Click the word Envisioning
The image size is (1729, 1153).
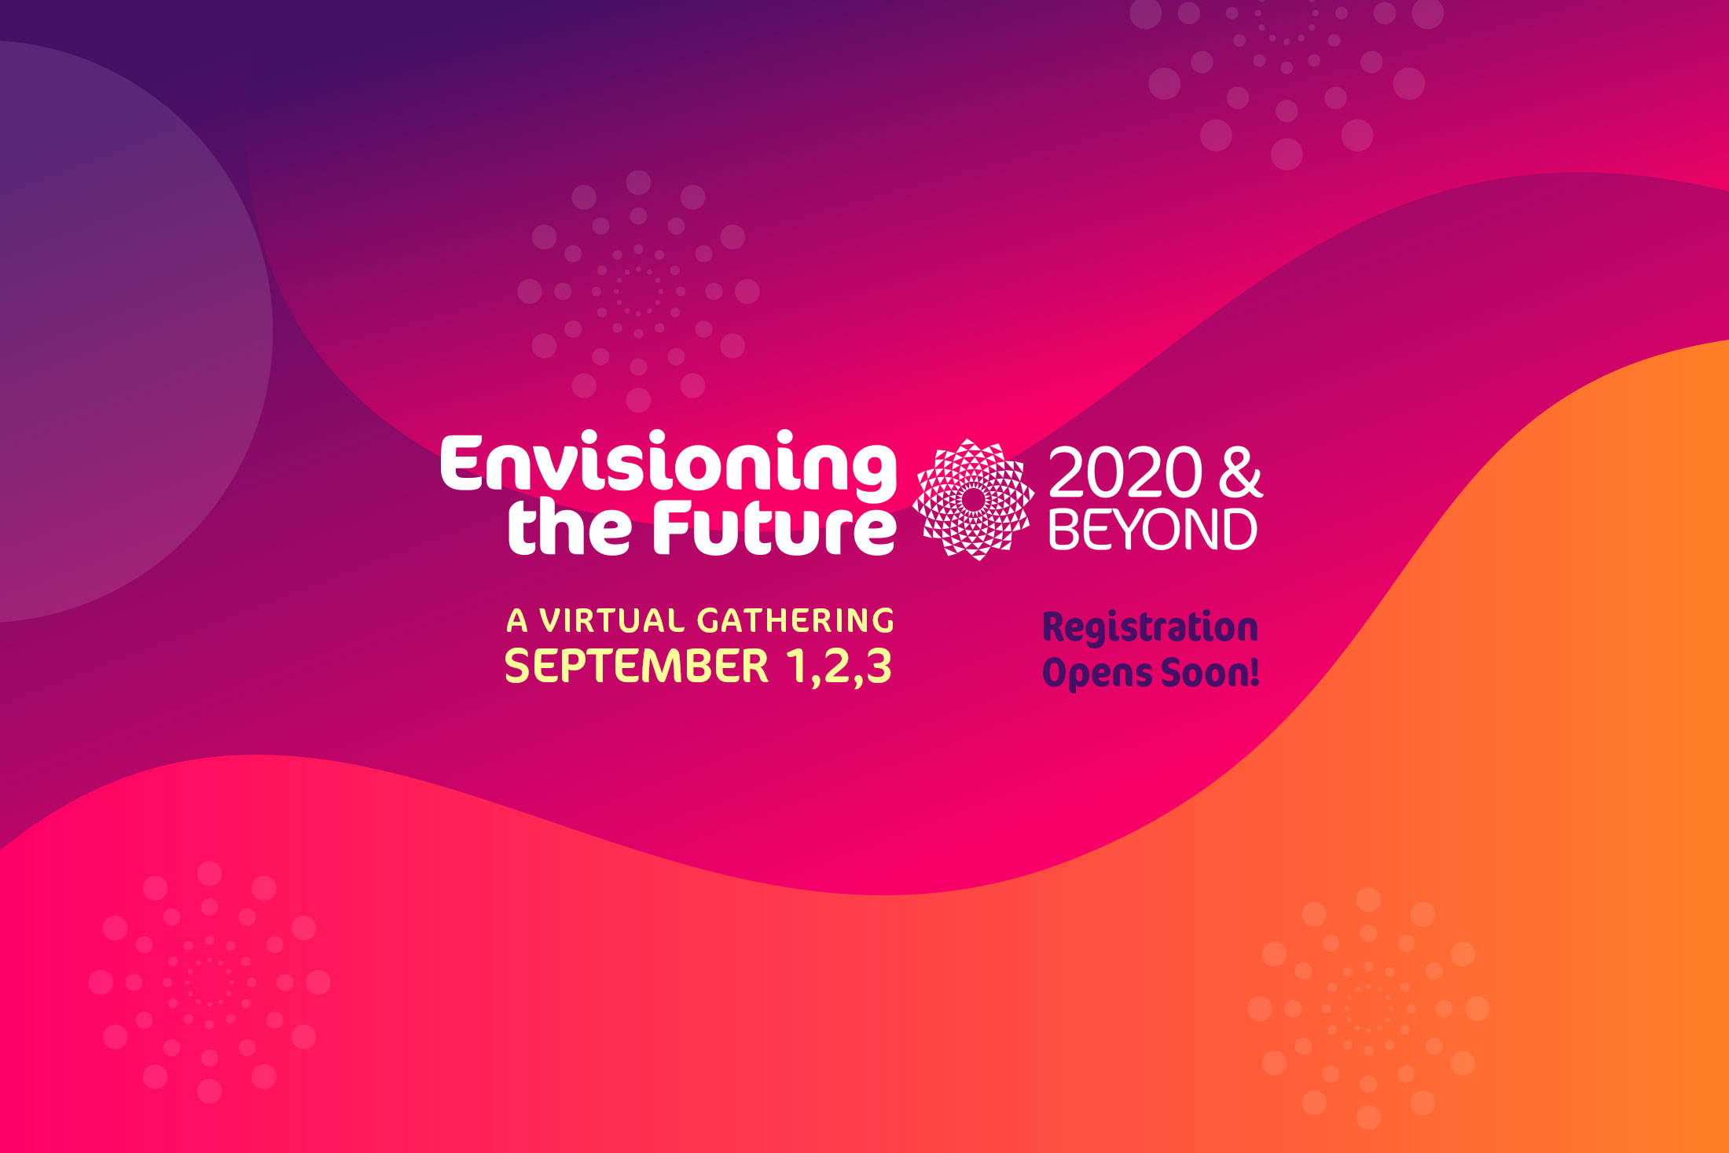click(668, 465)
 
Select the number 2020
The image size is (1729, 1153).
click(1125, 473)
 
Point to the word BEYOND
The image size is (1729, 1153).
click(1153, 529)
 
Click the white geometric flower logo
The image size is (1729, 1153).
click(973, 499)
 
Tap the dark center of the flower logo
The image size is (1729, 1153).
click(973, 499)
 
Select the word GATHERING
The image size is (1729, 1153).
click(795, 621)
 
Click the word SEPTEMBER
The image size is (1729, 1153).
click(637, 666)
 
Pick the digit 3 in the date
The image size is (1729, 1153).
click(879, 666)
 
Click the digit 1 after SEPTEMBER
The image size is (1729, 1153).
click(796, 666)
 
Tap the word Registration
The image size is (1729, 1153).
click(1150, 628)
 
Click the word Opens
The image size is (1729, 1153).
click(1097, 673)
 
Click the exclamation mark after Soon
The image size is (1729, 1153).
click(1254, 672)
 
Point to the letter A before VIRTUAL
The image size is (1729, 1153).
click(517, 621)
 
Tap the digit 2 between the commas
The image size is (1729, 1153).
click(838, 666)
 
